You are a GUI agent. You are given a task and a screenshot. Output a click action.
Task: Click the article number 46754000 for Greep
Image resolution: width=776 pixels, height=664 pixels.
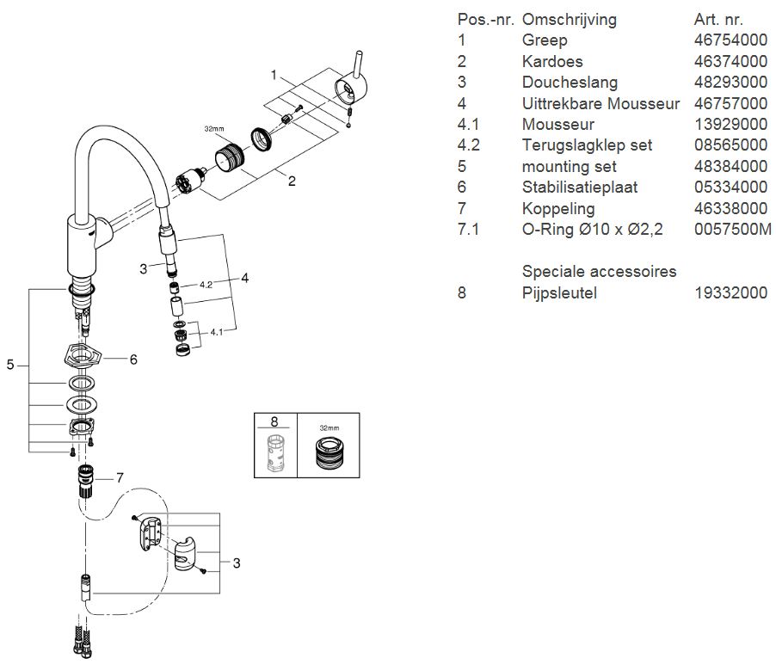coord(730,40)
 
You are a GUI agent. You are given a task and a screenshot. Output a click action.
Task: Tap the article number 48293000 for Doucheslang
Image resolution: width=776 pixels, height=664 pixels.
coord(730,83)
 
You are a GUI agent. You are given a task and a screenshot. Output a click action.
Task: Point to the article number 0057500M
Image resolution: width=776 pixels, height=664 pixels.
coord(733,230)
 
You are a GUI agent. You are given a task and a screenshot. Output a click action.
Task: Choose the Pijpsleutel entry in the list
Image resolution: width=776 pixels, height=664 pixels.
coord(559,292)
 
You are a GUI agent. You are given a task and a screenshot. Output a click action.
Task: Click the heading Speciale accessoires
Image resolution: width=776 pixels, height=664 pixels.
coord(599,271)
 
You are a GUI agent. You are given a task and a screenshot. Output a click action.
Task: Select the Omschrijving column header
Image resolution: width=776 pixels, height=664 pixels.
coord(569,19)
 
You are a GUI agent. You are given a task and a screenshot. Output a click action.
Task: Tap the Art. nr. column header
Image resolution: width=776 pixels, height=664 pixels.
coord(718,19)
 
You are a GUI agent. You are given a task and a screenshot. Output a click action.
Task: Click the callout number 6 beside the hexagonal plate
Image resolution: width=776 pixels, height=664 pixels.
coord(133,360)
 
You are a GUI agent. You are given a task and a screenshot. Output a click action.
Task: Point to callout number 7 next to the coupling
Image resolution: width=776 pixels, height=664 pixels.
coord(120,476)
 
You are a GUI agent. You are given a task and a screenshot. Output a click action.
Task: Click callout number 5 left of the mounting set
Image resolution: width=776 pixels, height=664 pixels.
coord(10,365)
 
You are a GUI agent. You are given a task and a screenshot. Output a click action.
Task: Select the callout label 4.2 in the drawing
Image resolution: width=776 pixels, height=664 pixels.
coord(206,283)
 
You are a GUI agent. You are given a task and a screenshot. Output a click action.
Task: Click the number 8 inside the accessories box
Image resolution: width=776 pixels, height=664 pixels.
coord(274,421)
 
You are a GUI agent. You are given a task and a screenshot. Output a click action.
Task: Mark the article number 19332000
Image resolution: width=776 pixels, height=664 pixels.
coord(730,292)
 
